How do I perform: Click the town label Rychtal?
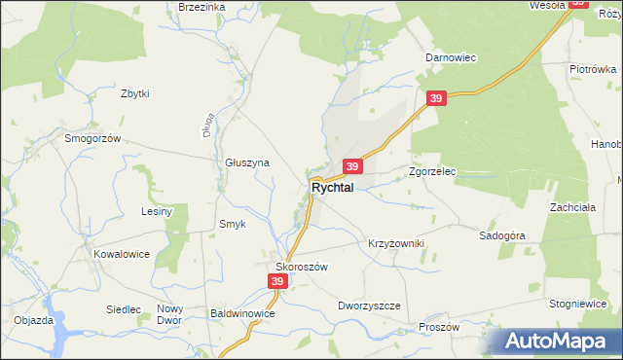coord(332,187)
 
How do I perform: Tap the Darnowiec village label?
coord(450,57)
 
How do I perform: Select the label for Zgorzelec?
coord(433,171)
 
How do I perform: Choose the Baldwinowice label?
coord(244,314)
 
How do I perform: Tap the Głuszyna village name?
coord(246,163)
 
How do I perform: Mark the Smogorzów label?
coord(92,138)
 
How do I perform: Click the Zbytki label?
coord(134,93)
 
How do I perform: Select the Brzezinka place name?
coord(202,7)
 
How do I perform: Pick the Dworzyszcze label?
coord(370,305)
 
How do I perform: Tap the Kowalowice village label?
coord(122,253)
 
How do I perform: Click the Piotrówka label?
coord(594,69)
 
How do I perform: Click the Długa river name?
coord(208,127)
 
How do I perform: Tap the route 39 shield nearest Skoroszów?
coord(277,281)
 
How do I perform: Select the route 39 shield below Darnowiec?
coord(436,99)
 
